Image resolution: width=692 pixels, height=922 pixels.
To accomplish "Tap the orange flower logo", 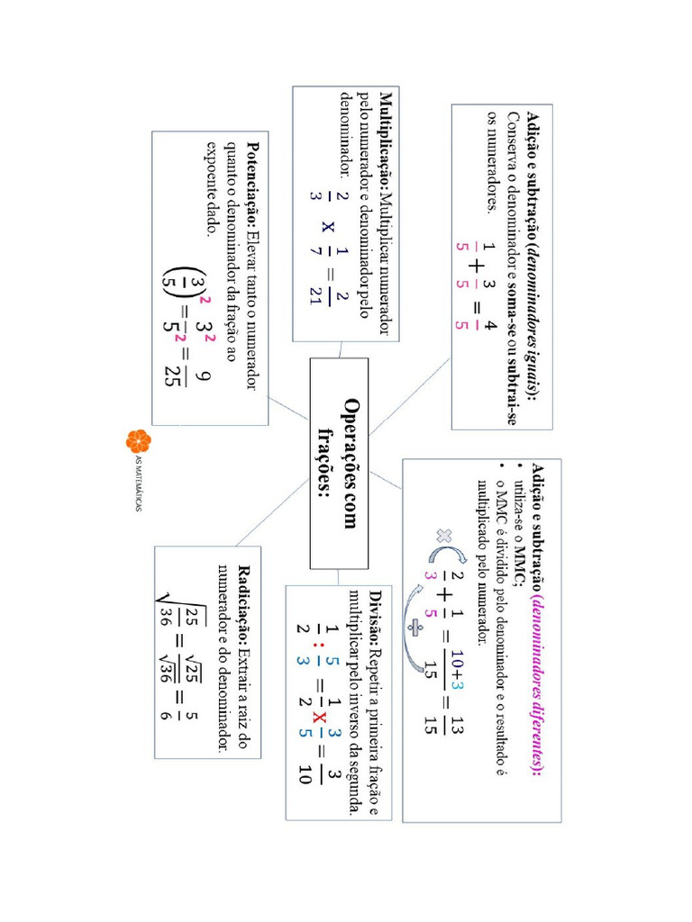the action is [138, 441].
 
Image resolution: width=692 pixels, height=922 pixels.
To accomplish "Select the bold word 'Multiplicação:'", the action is [386, 141].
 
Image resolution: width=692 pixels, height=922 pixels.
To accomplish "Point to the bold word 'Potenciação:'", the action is [253, 185].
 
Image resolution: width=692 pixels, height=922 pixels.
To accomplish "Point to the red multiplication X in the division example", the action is [318, 718].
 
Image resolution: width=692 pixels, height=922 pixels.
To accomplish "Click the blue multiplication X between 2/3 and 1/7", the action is [328, 226].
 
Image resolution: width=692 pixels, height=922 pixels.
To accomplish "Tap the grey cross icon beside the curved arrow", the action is [444, 536].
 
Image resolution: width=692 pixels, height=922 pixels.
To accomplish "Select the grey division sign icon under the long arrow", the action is [414, 628].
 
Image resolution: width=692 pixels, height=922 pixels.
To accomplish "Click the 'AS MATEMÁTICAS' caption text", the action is [138, 484].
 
